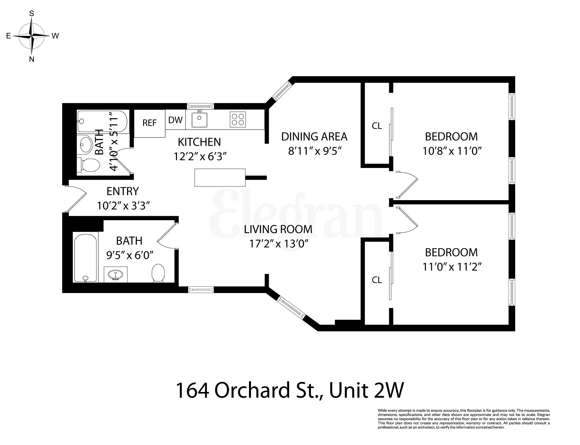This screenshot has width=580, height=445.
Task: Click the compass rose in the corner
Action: [32, 36]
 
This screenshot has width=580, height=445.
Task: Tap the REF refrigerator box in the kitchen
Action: [149, 123]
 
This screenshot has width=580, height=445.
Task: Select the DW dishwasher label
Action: [175, 120]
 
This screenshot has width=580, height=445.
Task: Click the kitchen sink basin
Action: [200, 120]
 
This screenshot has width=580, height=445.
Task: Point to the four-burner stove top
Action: [238, 120]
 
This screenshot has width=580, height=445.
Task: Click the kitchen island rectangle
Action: [220, 177]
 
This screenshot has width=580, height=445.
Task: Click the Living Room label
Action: [278, 229]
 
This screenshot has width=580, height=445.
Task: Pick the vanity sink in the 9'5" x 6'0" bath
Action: [115, 274]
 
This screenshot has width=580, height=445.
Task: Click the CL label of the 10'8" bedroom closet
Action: [377, 126]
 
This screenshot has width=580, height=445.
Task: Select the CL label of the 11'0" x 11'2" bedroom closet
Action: [377, 280]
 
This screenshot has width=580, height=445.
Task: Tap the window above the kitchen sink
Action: [200, 106]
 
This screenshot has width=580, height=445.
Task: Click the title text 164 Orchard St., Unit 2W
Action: [289, 391]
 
